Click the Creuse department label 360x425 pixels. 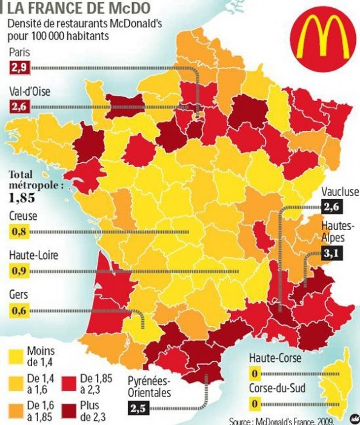tap(23, 216)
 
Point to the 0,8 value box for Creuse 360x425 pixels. tap(19, 231)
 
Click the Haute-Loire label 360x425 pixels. tap(33, 255)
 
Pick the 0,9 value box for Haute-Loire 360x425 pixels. tap(19, 271)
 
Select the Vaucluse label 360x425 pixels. tap(340, 192)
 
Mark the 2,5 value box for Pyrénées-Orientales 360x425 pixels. tap(139, 409)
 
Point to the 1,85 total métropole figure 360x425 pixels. tap(22, 197)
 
